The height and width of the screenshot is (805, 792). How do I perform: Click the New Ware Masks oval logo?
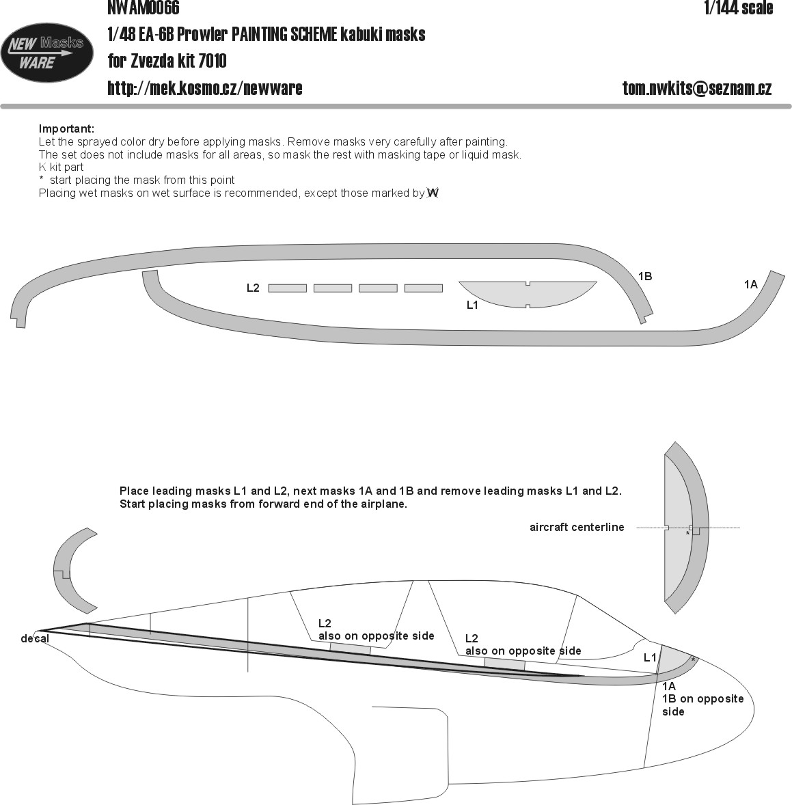pyautogui.click(x=46, y=53)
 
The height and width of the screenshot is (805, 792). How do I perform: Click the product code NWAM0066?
pyautogui.click(x=144, y=8)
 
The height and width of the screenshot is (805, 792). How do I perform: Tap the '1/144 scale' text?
pyautogui.click(x=739, y=8)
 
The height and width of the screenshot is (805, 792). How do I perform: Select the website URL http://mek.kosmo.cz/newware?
pyautogui.click(x=205, y=88)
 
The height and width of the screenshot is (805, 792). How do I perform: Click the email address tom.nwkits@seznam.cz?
pyautogui.click(x=697, y=88)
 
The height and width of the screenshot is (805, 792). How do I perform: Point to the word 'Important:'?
pyautogui.click(x=67, y=129)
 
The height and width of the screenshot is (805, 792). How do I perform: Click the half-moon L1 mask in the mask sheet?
pyautogui.click(x=528, y=293)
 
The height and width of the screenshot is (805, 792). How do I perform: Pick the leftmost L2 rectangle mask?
pyautogui.click(x=288, y=288)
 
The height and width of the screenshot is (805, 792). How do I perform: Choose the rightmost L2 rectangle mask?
pyautogui.click(x=424, y=288)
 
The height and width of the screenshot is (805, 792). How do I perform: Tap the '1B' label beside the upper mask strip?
pyautogui.click(x=645, y=276)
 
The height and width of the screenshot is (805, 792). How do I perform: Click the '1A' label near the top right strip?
pyautogui.click(x=751, y=284)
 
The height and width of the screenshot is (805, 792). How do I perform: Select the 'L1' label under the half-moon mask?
pyautogui.click(x=472, y=305)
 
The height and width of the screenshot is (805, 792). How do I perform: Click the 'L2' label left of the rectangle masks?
pyautogui.click(x=253, y=288)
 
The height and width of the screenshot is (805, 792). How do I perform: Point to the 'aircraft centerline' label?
pyautogui.click(x=577, y=528)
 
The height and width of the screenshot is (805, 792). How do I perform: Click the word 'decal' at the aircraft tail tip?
pyautogui.click(x=35, y=639)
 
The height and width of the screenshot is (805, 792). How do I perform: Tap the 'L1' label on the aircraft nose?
pyautogui.click(x=650, y=657)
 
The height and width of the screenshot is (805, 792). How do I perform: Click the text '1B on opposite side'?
pyautogui.click(x=702, y=705)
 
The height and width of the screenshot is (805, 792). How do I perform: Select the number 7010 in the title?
pyautogui.click(x=212, y=61)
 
